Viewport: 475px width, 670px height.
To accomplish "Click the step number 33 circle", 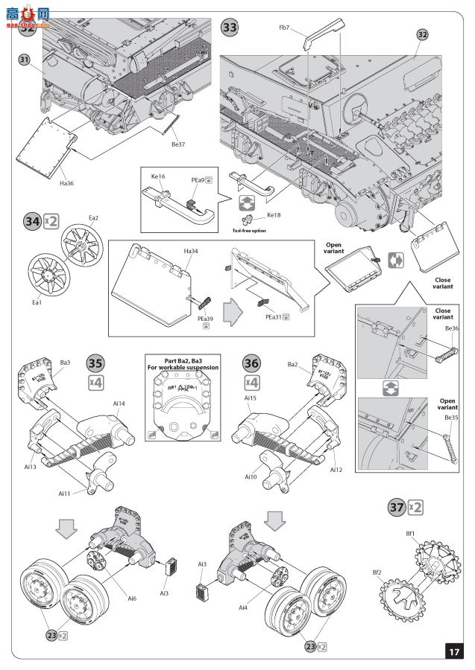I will [x=230, y=28].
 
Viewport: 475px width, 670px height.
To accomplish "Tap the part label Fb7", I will [x=284, y=28].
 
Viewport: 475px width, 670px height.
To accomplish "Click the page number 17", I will [x=453, y=651].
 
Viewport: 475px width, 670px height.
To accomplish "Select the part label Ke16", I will [x=158, y=178].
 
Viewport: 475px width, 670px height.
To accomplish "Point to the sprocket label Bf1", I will [x=411, y=533].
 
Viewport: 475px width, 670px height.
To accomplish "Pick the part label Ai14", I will [x=119, y=403].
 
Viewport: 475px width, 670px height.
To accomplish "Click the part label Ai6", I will [x=132, y=598].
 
